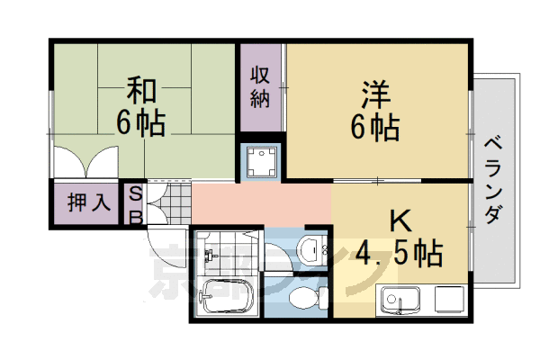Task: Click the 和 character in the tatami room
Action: [142, 92]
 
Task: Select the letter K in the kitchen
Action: [400, 221]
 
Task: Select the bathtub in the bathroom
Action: [225, 296]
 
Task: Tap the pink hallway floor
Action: [261, 202]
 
